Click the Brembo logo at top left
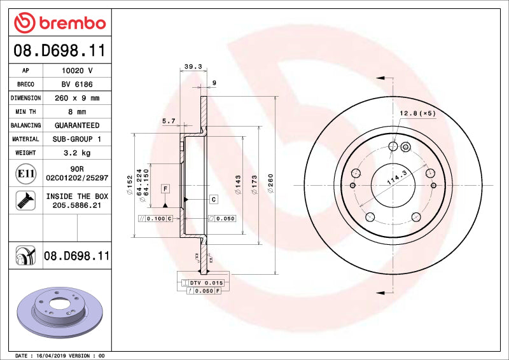coord(60,23)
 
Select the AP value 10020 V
coord(77,71)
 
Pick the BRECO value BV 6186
coord(77,85)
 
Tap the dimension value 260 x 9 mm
coord(77,99)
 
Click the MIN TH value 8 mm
coord(77,112)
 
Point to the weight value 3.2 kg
coord(77,153)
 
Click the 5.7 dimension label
coord(168,120)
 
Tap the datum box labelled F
coord(165,189)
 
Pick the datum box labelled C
coord(214,200)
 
